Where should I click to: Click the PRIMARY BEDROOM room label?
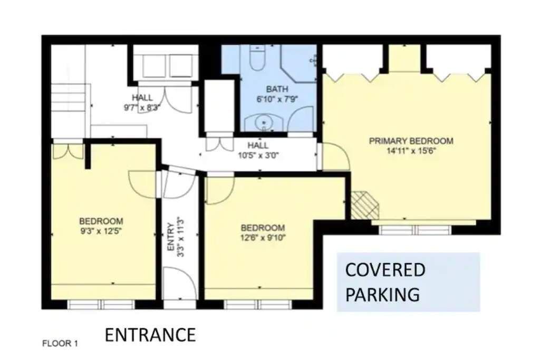411,141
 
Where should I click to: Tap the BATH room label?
277,89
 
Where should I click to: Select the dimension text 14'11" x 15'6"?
411,151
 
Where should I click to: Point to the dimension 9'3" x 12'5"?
101,231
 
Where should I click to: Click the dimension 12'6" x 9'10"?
263,238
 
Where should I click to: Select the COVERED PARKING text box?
408,282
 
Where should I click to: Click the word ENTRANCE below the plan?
150,335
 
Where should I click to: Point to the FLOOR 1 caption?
60,343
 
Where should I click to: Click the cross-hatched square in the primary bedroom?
365,205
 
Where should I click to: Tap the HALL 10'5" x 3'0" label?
258,150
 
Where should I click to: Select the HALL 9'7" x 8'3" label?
142,103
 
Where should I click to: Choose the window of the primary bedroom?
416,230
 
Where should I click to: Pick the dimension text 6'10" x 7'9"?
277,100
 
